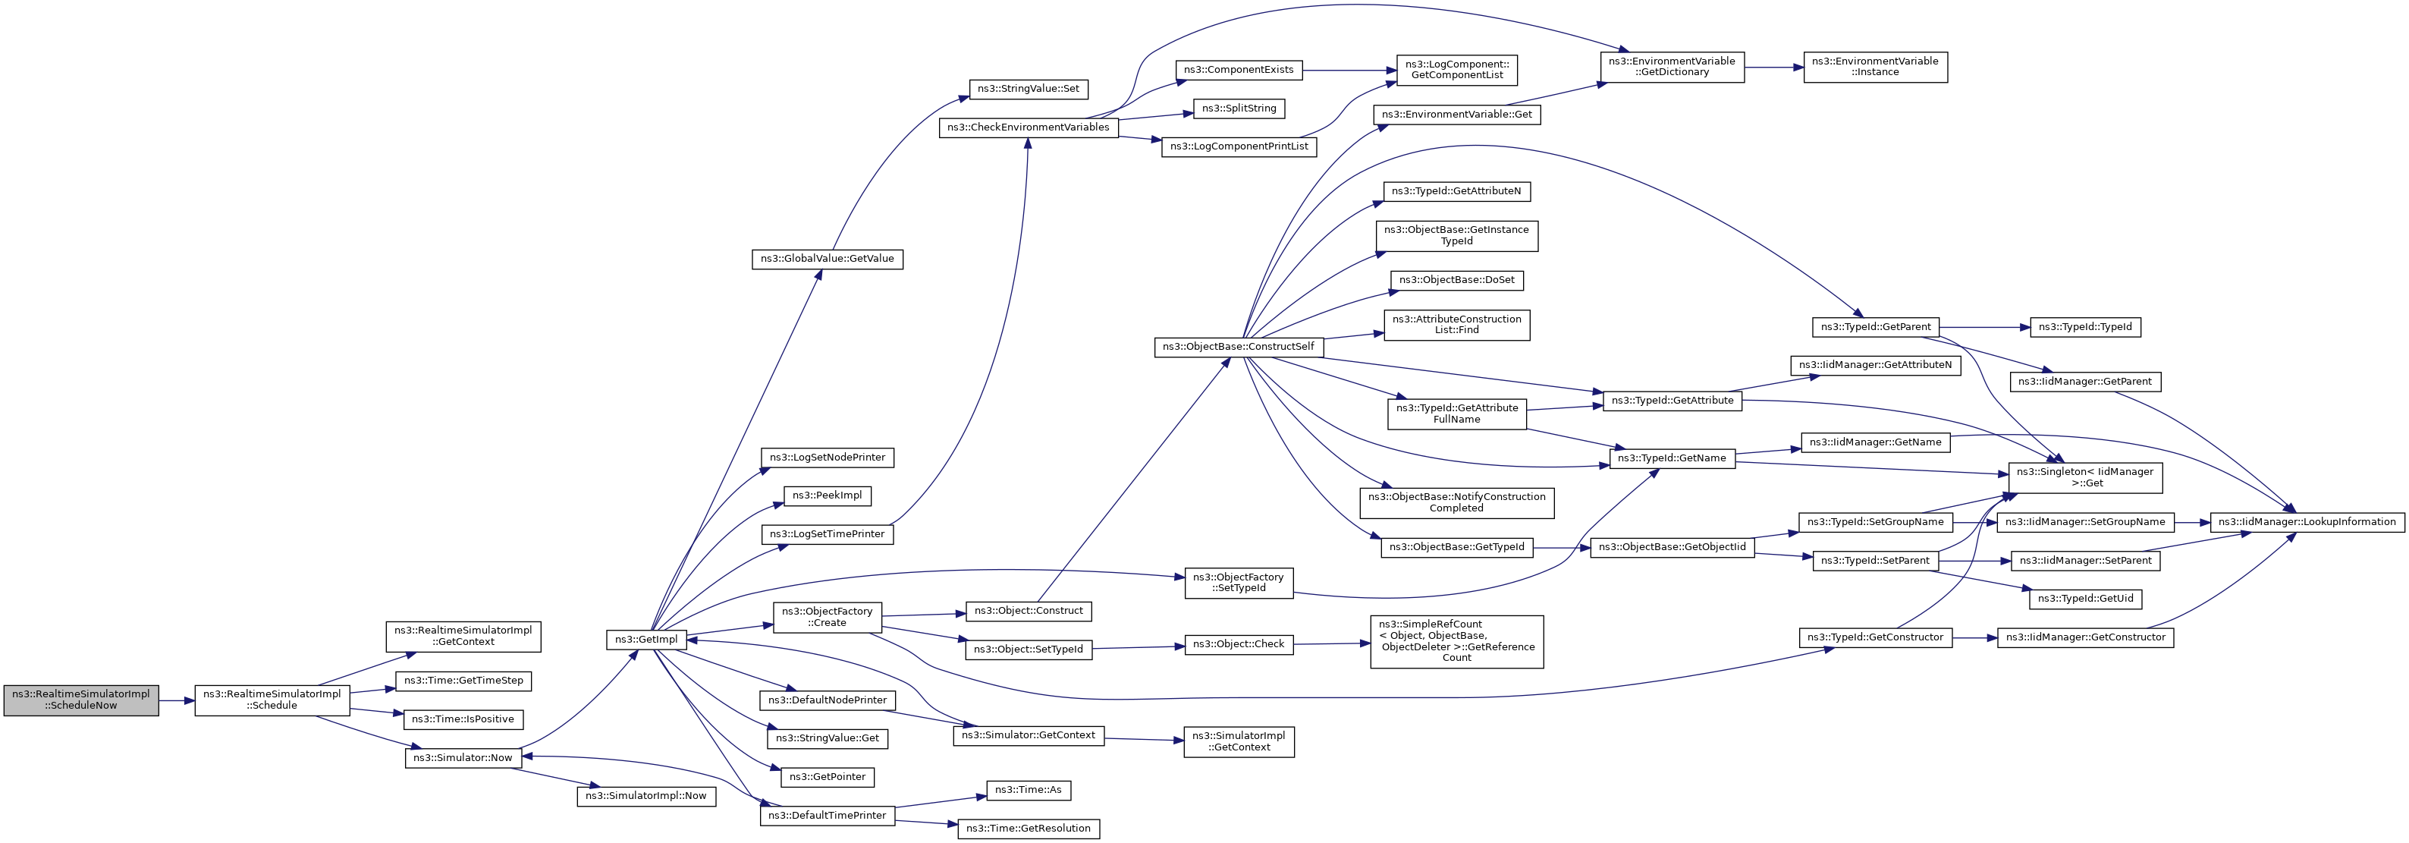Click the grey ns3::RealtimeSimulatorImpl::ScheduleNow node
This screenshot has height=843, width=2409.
click(x=81, y=700)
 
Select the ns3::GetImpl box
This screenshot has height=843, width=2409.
click(x=646, y=640)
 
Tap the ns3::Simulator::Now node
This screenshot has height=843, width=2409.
click(x=463, y=758)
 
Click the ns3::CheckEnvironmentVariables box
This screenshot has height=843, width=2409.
click(x=1028, y=127)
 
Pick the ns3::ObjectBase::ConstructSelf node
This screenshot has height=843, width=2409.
click(x=1238, y=347)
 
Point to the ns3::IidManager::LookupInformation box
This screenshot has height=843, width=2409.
click(x=2307, y=522)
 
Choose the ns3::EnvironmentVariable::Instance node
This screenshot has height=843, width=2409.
click(x=1875, y=68)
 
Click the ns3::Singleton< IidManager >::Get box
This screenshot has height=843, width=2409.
click(x=2085, y=478)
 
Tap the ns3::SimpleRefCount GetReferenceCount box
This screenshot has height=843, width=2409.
click(x=1456, y=642)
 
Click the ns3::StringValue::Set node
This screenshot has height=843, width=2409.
click(x=1028, y=89)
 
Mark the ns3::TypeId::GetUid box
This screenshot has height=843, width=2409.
click(x=2085, y=599)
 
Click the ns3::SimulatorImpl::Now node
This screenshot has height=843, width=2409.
click(x=646, y=796)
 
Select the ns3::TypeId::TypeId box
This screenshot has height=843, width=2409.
click(x=2085, y=328)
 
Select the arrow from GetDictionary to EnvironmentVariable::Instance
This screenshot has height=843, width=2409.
click(x=1773, y=68)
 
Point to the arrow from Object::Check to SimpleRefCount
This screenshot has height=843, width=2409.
click(x=1332, y=643)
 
